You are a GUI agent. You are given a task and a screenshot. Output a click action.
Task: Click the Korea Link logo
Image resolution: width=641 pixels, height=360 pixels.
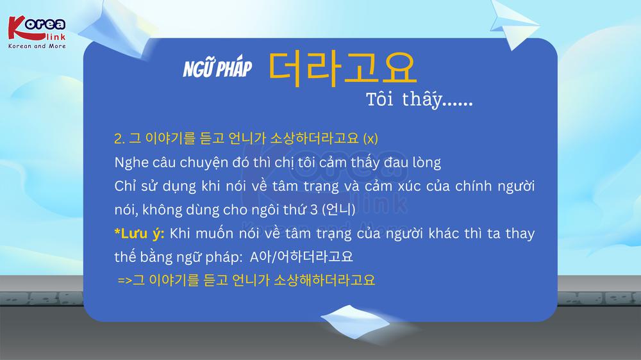pos(37,33)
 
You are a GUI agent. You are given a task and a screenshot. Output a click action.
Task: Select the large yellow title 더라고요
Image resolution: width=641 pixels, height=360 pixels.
pos(342,69)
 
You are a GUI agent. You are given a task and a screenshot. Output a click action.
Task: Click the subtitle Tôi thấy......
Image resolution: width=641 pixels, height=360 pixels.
pos(419,100)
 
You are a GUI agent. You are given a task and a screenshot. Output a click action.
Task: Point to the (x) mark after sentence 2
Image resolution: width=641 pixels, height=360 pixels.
pos(370,138)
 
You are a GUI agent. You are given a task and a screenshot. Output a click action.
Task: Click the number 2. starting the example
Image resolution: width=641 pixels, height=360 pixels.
pos(120,139)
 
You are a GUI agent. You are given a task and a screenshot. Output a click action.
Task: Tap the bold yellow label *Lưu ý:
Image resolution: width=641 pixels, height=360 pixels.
pos(139,233)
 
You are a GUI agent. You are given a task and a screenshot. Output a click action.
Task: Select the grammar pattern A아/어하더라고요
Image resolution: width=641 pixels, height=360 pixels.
pos(301,257)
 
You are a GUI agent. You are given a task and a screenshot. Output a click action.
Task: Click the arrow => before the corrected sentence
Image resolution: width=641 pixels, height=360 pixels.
pos(125,281)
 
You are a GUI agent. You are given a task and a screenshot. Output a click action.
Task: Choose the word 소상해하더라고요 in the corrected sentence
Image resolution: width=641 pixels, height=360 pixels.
pos(324,280)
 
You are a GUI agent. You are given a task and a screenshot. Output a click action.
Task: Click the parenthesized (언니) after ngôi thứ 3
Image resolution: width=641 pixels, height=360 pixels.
pos(338,209)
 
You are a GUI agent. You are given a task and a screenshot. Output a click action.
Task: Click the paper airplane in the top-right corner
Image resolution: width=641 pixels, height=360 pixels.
pos(514,24)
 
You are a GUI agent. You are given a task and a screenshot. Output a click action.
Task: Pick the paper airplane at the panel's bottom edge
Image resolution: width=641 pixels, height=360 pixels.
pos(355,322)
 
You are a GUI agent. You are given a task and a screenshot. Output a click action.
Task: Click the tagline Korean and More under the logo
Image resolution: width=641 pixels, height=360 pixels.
pos(37,46)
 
